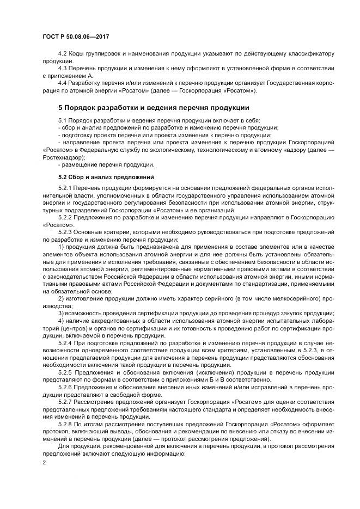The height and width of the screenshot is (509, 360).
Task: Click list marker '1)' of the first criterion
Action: (61, 247)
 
